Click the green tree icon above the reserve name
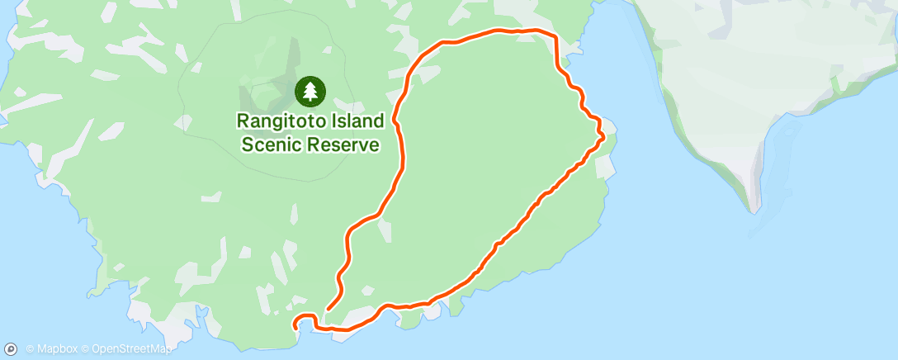[310, 91]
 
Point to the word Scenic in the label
[270, 145]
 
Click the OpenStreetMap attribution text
[132, 349]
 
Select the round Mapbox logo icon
[12, 349]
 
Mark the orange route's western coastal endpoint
[295, 329]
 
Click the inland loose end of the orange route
[328, 310]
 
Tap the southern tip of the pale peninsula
[754, 208]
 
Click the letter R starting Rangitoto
[243, 121]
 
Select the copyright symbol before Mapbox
[30, 349]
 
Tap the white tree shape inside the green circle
[310, 90]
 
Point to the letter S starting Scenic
[245, 145]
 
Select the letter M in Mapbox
[40, 349]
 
